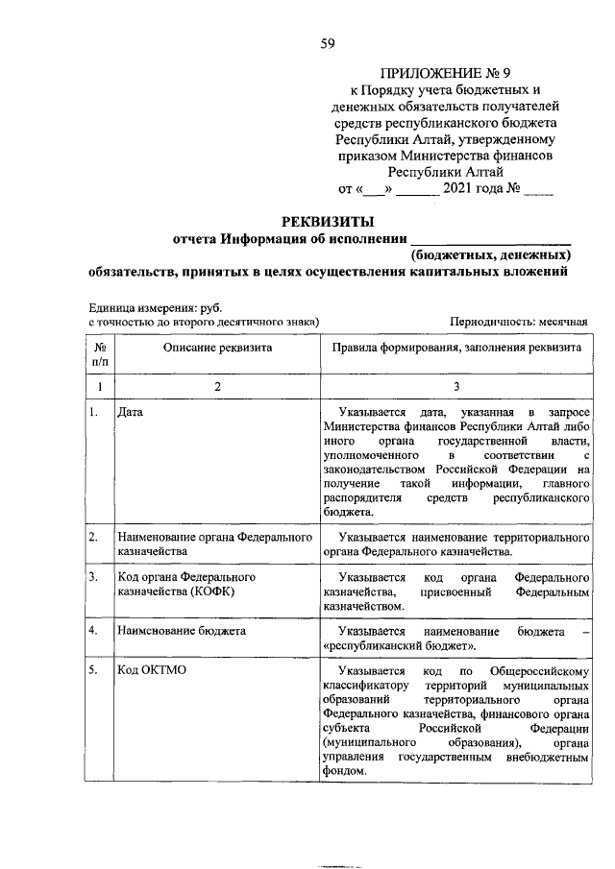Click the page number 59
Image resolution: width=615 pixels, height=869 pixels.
pos(328,42)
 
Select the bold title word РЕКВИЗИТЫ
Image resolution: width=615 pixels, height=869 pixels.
pos(326,222)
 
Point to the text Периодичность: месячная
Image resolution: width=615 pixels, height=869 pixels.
pos(518,322)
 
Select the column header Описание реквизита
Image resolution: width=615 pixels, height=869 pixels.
pos(217,347)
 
